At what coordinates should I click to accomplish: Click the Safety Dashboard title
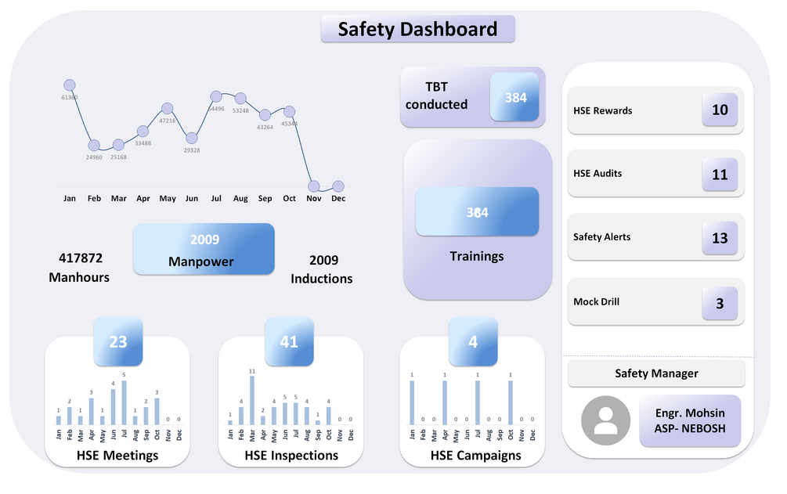tap(417, 30)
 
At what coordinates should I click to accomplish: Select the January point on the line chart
tap(69, 85)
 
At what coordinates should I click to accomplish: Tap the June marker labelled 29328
tap(192, 138)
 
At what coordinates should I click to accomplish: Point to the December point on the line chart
tap(338, 186)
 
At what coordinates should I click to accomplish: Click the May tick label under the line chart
tap(167, 199)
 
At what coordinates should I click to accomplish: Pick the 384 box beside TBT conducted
tap(515, 97)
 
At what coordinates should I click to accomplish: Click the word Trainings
tap(476, 256)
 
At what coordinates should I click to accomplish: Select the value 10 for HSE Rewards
tap(720, 110)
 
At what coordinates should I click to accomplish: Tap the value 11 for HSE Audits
tap(720, 175)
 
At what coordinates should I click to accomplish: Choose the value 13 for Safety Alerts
tap(720, 238)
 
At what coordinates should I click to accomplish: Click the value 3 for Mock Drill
tap(720, 302)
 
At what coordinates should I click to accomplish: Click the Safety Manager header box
tap(656, 373)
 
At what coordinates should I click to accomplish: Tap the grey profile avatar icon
tap(605, 420)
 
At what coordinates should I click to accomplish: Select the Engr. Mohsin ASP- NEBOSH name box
tap(690, 420)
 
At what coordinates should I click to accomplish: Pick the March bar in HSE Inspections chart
tap(251, 401)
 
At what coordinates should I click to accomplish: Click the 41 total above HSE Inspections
tap(289, 341)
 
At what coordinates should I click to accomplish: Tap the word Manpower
tap(200, 261)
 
